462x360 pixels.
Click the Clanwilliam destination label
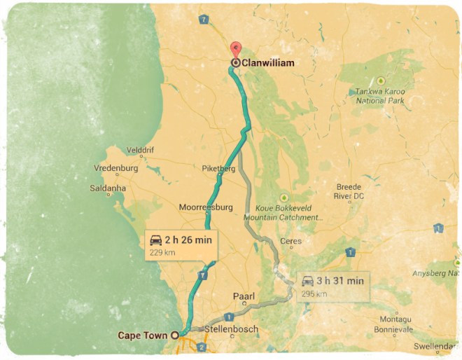coord(267,63)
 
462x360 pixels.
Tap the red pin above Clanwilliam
coord(236,50)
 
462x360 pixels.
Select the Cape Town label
coord(143,335)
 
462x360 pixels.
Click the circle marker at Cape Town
coord(175,335)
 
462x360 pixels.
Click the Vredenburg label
coord(116,168)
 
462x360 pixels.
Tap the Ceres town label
coord(290,242)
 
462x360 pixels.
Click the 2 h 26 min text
coord(188,240)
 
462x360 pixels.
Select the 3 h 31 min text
coord(340,281)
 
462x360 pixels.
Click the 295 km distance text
coord(314,293)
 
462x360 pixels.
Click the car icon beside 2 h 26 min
coord(156,240)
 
